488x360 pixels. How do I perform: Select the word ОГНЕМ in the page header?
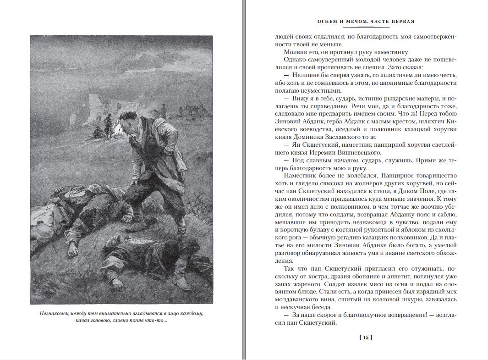(x=328, y=22)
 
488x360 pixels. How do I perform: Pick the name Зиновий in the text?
(x=288, y=122)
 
